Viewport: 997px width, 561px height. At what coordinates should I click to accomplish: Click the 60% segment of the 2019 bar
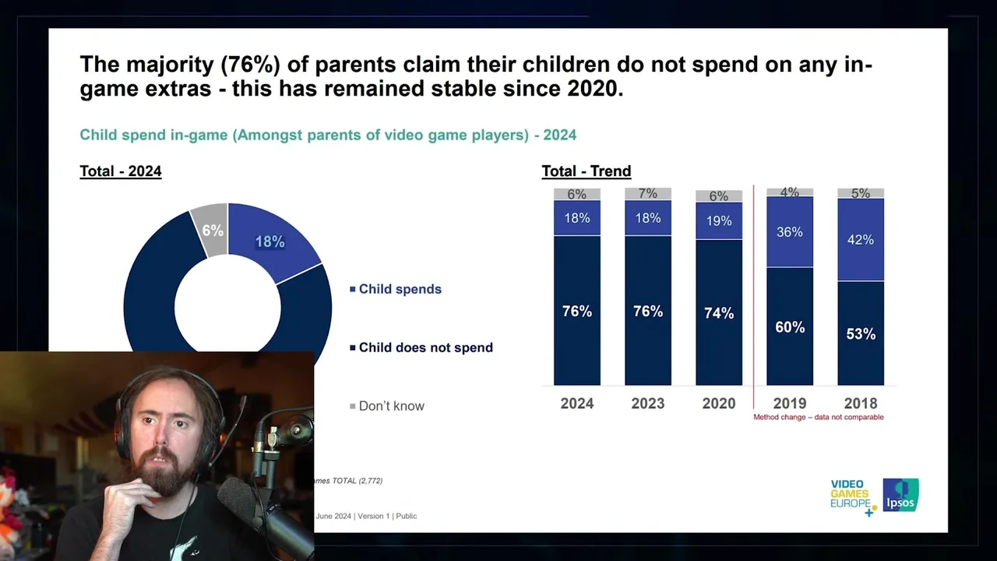point(789,326)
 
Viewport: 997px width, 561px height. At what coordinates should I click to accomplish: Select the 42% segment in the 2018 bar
point(860,239)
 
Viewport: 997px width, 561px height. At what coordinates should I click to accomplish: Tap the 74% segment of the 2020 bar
point(718,312)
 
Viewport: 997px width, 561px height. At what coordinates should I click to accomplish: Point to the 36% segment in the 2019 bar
point(789,231)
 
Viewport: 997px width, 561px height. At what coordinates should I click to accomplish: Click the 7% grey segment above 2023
point(647,193)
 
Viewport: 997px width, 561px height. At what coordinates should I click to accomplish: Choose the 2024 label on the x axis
point(576,404)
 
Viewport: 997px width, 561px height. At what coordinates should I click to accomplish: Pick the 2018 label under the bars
point(860,404)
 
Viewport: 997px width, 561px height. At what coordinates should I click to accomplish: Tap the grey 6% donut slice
point(212,231)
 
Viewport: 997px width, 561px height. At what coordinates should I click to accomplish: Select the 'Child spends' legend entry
point(400,289)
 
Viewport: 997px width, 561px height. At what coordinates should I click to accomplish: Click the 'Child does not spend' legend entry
point(425,348)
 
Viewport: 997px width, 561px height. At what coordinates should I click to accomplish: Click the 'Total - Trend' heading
point(587,171)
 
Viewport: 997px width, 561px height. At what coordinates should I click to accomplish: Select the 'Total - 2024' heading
point(121,171)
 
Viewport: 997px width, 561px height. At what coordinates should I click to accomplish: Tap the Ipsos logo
point(900,496)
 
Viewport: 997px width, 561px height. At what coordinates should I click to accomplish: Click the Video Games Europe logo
point(851,497)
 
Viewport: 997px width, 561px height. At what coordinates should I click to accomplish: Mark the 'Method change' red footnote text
point(818,418)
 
